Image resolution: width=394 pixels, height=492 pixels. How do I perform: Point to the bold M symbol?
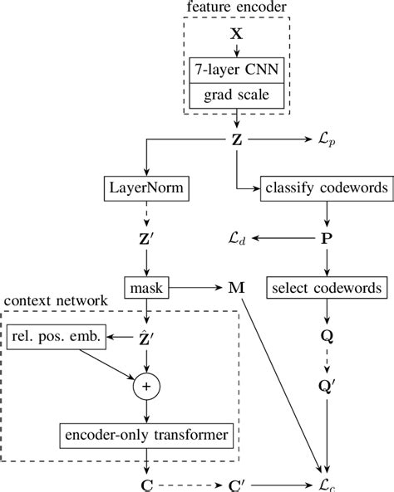point(235,288)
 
